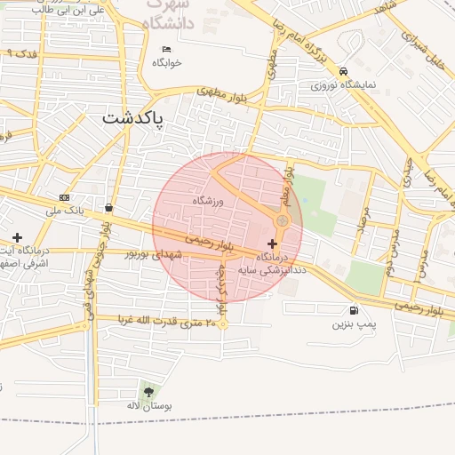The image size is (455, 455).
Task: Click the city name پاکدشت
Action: coord(133,117)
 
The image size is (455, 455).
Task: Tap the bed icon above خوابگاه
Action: coord(166,49)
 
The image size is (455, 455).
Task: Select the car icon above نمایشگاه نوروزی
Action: coord(344,72)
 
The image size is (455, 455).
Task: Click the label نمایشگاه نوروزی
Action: coord(344,85)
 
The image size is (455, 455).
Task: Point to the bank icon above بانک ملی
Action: coord(64,197)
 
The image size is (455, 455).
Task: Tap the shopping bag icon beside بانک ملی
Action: coord(108,207)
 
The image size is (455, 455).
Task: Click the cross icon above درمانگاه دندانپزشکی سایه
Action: coord(272,243)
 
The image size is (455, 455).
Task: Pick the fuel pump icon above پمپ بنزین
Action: coord(355,311)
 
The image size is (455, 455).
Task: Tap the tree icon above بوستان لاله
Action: coord(148,391)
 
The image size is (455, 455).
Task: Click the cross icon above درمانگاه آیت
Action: coord(17,237)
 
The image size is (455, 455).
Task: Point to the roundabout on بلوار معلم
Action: coord(283,220)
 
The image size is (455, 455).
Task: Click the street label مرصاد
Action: coord(363,219)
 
